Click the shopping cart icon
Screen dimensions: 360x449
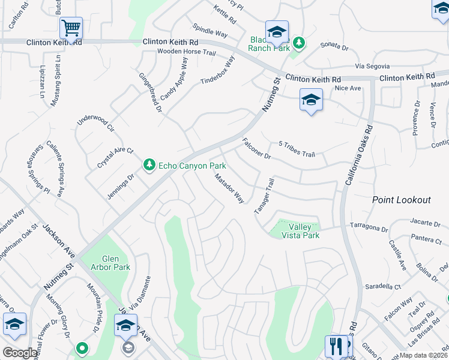[71, 27]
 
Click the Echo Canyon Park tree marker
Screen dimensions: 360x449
[148, 164]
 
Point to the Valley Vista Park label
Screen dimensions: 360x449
[304, 231]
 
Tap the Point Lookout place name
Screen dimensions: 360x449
[401, 200]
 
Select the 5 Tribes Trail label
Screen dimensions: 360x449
[297, 149]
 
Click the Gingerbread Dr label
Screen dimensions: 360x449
[151, 92]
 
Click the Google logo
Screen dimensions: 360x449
[20, 353]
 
